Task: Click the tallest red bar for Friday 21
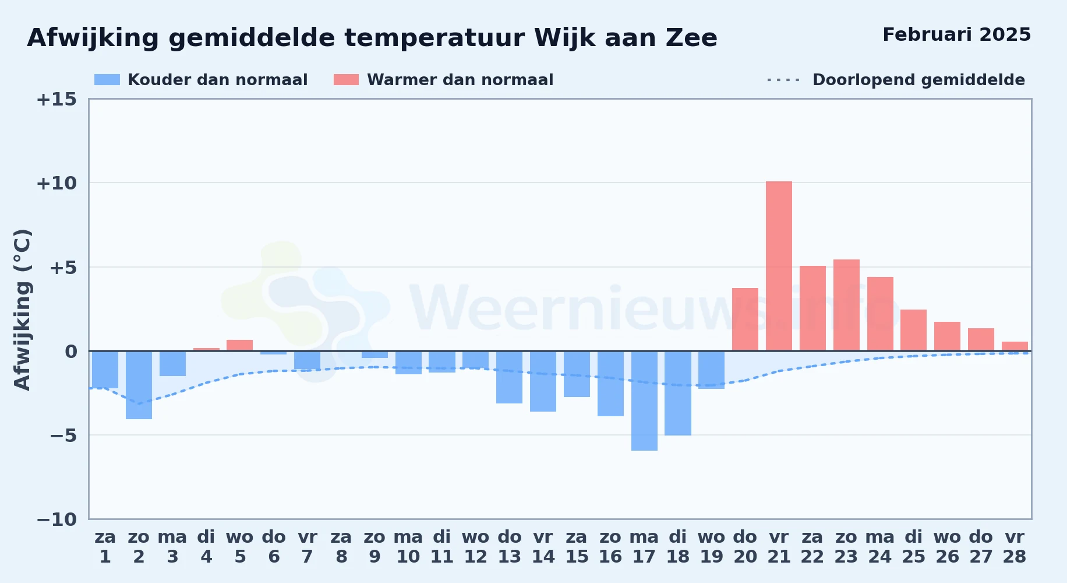(779, 266)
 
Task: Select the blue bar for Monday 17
(644, 401)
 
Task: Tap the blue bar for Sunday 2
(139, 385)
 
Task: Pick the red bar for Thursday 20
(745, 319)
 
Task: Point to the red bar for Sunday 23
(846, 305)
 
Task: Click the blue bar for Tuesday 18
(678, 393)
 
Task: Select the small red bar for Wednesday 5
(239, 345)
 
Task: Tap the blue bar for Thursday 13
(509, 377)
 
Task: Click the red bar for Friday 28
(1015, 346)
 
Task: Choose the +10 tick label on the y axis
(56, 183)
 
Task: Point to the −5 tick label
(63, 436)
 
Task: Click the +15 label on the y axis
(56, 99)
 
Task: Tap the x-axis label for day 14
(543, 547)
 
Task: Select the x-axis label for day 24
(879, 547)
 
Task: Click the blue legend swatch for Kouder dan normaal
(107, 80)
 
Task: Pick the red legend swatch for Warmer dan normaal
(346, 80)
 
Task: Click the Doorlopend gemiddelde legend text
(918, 80)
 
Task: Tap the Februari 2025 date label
(956, 35)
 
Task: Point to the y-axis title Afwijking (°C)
(22, 310)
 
